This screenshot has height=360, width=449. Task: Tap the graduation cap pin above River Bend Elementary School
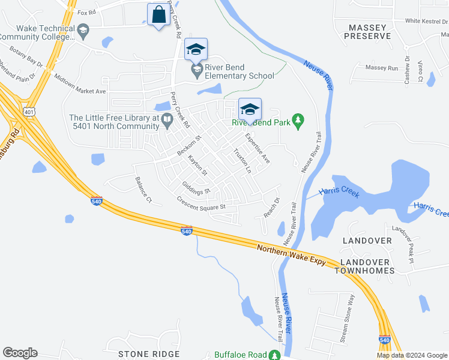pyautogui.click(x=196, y=49)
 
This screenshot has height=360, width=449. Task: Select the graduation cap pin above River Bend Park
pyautogui.click(x=250, y=109)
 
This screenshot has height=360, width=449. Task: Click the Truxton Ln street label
pyautogui.click(x=242, y=161)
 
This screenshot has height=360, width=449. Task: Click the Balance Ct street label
pyautogui.click(x=144, y=189)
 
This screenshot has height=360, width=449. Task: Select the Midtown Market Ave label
pyautogui.click(x=80, y=84)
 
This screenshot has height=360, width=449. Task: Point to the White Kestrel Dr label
pyautogui.click(x=427, y=21)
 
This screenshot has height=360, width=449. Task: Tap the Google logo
pyautogui.click(x=20, y=353)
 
